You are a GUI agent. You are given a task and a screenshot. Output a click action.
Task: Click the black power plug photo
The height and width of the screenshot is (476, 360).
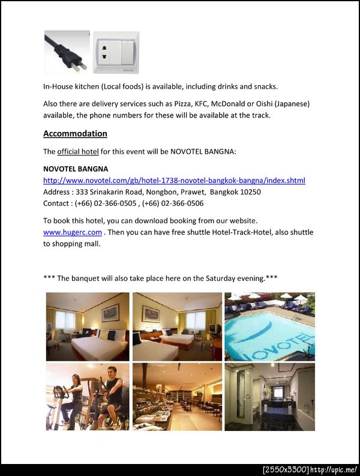(66, 52)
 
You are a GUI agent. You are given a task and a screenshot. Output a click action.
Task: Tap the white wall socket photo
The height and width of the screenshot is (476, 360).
(116, 53)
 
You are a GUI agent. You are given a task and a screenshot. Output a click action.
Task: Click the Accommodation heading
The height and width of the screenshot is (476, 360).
(75, 134)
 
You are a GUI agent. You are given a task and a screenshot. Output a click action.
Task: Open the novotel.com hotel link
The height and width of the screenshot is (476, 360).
(174, 181)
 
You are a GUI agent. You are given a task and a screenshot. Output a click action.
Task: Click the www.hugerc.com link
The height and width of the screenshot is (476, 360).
(73, 232)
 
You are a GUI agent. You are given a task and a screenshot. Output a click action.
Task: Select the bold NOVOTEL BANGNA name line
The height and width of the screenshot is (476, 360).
(76, 169)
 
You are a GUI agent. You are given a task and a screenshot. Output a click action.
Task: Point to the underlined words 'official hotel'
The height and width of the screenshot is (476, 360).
(78, 151)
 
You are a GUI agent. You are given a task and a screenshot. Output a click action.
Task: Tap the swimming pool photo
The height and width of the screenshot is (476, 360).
(269, 327)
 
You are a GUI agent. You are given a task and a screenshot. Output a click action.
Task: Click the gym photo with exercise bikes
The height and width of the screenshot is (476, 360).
(88, 397)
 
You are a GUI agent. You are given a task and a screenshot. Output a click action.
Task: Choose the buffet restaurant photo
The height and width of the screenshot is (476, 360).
(177, 397)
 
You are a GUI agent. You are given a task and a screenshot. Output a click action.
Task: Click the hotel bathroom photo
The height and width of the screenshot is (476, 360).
(269, 397)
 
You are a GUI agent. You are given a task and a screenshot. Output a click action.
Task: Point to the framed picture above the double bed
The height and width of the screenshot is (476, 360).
(110, 312)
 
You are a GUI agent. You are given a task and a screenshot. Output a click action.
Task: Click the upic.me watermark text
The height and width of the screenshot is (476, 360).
(334, 469)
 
